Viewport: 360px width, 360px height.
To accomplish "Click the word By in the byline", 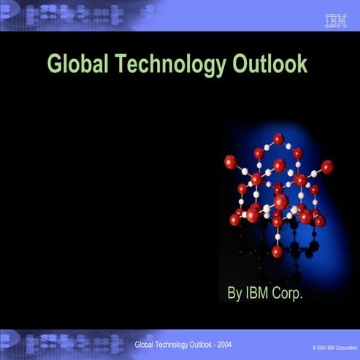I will pos(234,294).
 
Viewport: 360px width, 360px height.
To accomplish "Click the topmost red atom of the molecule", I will pos(278,138).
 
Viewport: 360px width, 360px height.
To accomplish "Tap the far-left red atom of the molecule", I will pos(230,162).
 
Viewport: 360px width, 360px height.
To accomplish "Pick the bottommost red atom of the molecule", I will pos(277,251).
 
